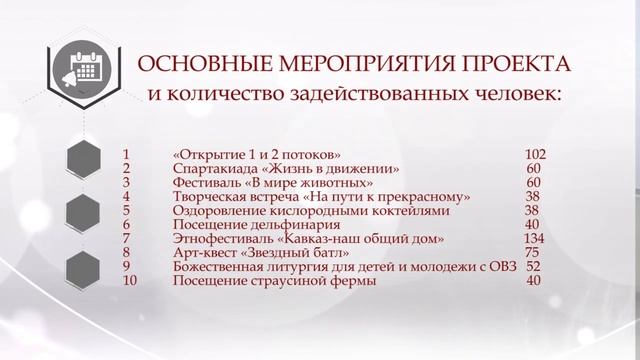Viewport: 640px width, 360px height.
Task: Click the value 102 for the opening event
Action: click(534, 155)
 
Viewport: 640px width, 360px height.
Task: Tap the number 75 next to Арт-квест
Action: click(532, 253)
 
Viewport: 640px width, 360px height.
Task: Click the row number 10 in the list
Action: click(128, 281)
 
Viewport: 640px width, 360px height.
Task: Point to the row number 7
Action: click(126, 239)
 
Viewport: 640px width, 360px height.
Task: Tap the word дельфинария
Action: click(283, 225)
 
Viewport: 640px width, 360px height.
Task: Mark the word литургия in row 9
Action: click(300, 267)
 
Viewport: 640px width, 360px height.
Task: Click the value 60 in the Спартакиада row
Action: click(532, 169)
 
